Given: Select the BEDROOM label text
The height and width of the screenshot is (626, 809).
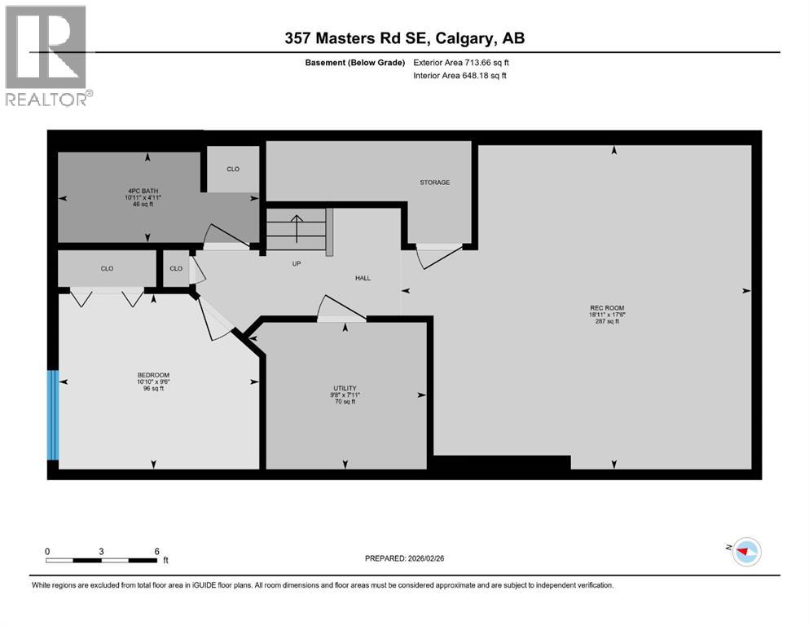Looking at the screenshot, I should point(153,375).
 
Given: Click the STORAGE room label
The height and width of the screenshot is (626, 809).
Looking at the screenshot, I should point(434,183).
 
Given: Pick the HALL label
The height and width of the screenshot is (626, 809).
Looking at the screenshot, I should point(363,278).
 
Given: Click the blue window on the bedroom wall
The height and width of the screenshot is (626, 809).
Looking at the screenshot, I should point(53,415).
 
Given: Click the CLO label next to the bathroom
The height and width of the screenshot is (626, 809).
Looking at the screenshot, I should point(233,170).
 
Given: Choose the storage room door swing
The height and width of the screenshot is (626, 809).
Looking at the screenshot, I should point(438,257).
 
